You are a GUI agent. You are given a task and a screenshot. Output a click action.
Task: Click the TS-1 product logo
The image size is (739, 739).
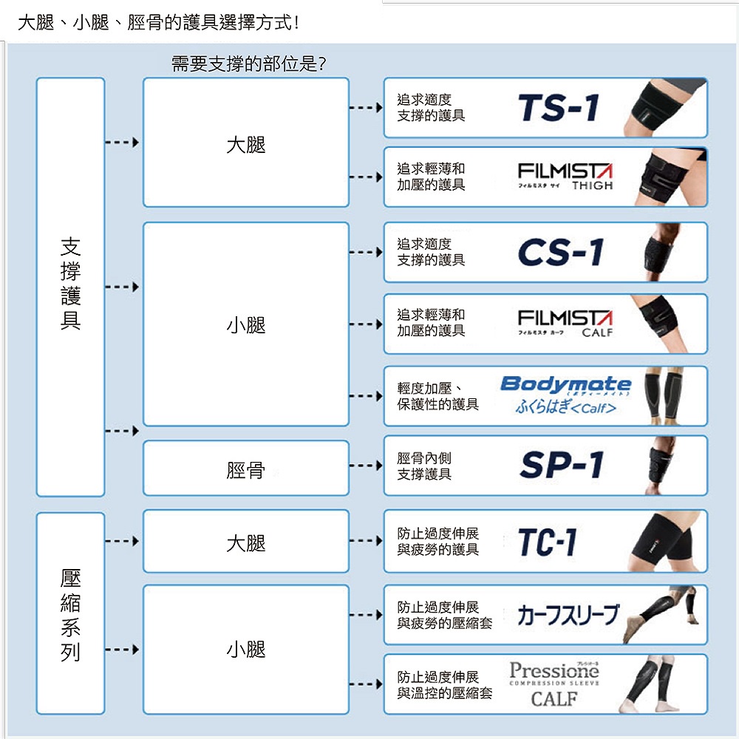[559, 109]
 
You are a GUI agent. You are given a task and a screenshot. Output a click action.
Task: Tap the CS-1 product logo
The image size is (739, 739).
[561, 253]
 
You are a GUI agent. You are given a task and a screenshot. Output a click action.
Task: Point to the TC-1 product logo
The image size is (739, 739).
[547, 542]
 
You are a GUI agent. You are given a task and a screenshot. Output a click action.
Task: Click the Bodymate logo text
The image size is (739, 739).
[566, 384]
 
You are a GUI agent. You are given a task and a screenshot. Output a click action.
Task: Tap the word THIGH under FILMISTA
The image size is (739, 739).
[592, 185]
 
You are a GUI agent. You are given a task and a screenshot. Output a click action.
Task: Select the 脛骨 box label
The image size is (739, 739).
[245, 469]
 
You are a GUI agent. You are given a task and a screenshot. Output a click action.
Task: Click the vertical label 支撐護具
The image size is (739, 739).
[70, 284]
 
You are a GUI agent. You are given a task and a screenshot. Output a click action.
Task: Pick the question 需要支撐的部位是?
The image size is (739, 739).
[248, 65]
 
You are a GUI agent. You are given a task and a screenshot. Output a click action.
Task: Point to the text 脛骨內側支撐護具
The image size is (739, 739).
[424, 466]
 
